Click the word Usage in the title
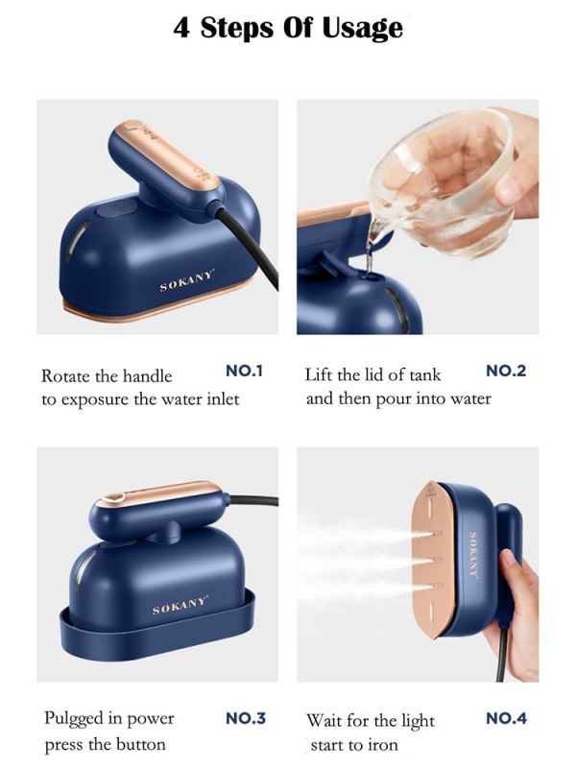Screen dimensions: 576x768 coord(363,29)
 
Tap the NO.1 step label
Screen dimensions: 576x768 coord(244,371)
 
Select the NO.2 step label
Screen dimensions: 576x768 coord(506,371)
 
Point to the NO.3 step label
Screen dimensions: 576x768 coord(246,718)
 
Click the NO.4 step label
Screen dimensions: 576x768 coord(507,718)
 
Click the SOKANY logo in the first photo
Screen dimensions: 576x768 coord(187,280)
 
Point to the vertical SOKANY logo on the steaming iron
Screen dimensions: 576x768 coord(473,555)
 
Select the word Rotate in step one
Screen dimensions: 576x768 coord(65,376)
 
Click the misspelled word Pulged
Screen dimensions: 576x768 coord(74,719)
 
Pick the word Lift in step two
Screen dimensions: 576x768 coord(319,374)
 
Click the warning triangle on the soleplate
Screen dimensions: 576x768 coord(431,490)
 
